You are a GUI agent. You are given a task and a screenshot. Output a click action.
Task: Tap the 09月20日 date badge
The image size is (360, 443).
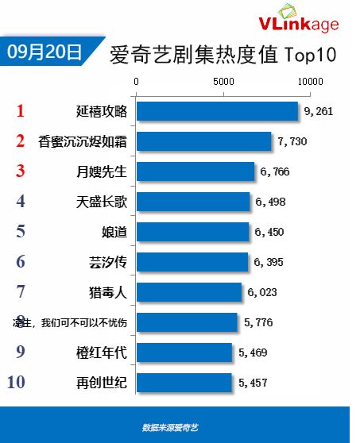point(45,52)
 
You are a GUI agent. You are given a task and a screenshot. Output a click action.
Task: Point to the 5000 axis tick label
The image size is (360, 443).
point(223,82)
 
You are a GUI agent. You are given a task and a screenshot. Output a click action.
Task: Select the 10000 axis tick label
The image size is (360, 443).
point(309,82)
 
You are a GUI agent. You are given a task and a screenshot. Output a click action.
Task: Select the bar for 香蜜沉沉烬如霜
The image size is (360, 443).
point(204,141)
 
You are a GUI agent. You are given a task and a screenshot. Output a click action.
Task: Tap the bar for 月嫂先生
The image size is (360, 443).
point(195,171)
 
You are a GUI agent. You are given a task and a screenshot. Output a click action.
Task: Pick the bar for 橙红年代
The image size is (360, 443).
point(184,352)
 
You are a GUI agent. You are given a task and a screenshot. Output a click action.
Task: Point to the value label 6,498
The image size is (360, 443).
point(269,202)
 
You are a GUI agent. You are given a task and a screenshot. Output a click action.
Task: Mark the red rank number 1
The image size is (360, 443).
point(21,111)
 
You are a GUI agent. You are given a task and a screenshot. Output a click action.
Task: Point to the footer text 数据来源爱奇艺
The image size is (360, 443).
point(170,427)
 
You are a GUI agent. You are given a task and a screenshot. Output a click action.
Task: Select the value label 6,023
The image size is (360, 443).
point(261,292)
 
